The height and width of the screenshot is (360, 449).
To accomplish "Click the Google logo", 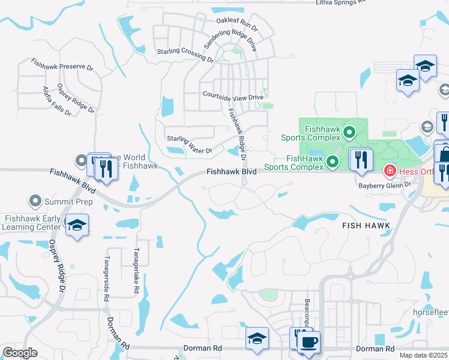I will (20, 353).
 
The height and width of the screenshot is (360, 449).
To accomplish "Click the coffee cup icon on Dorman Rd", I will (309, 343).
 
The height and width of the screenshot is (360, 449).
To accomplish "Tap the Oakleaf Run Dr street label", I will (237, 23).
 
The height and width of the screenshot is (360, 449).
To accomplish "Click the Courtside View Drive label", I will (233, 96).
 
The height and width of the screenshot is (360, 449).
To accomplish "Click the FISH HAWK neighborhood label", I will (366, 226).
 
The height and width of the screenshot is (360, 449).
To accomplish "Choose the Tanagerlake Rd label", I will (136, 271).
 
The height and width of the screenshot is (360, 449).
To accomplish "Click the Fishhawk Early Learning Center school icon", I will (77, 225).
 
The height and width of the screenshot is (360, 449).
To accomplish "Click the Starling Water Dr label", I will (188, 145).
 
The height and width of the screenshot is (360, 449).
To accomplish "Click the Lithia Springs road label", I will (340, 2).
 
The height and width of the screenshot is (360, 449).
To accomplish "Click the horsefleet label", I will (431, 313).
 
